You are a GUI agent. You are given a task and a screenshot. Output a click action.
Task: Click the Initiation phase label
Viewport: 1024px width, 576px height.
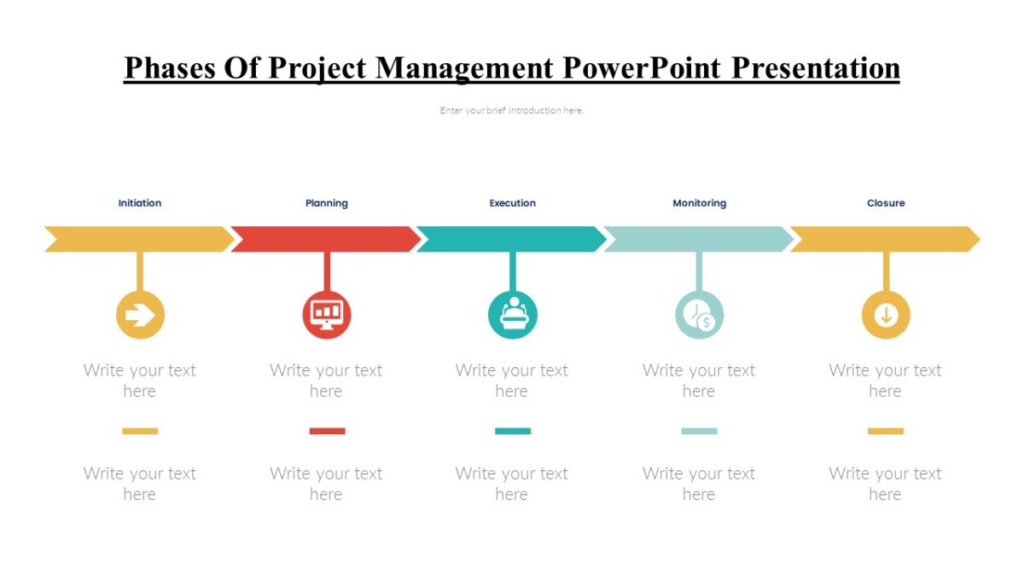click(140, 203)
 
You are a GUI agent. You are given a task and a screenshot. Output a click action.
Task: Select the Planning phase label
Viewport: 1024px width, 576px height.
click(327, 203)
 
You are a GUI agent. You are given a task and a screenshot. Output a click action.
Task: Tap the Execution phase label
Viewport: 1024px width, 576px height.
click(513, 203)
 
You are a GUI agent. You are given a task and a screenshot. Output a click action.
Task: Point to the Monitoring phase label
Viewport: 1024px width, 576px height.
click(699, 203)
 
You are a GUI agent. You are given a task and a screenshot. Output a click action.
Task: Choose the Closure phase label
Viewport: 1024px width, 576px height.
click(886, 203)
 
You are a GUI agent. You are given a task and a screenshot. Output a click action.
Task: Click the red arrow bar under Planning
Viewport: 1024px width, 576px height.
click(326, 239)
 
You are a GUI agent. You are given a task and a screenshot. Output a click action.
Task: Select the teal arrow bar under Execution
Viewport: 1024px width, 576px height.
click(512, 239)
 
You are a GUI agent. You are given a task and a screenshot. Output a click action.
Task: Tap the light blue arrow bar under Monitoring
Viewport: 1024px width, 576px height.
click(699, 239)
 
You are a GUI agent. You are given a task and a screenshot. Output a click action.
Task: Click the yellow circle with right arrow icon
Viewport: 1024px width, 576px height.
click(140, 316)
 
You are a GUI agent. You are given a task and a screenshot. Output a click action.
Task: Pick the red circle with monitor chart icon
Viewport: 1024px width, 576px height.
click(327, 315)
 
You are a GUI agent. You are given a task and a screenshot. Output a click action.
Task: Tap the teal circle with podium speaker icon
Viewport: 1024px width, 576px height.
click(513, 315)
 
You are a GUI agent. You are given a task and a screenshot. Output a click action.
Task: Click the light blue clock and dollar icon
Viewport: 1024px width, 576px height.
click(700, 315)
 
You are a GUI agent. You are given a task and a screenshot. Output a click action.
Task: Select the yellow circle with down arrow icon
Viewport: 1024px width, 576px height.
click(886, 315)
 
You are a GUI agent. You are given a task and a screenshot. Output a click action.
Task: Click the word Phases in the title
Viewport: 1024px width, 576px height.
click(171, 67)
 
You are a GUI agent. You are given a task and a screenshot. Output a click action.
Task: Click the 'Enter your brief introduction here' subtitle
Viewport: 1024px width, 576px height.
click(512, 110)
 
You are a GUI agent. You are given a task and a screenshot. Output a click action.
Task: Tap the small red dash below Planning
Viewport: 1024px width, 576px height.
click(327, 431)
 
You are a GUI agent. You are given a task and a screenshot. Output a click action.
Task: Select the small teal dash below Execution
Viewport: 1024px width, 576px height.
click(513, 431)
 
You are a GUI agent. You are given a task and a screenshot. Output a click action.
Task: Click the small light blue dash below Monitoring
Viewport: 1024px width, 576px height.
click(699, 431)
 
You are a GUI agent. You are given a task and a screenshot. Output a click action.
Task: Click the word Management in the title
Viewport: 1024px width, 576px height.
click(465, 67)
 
